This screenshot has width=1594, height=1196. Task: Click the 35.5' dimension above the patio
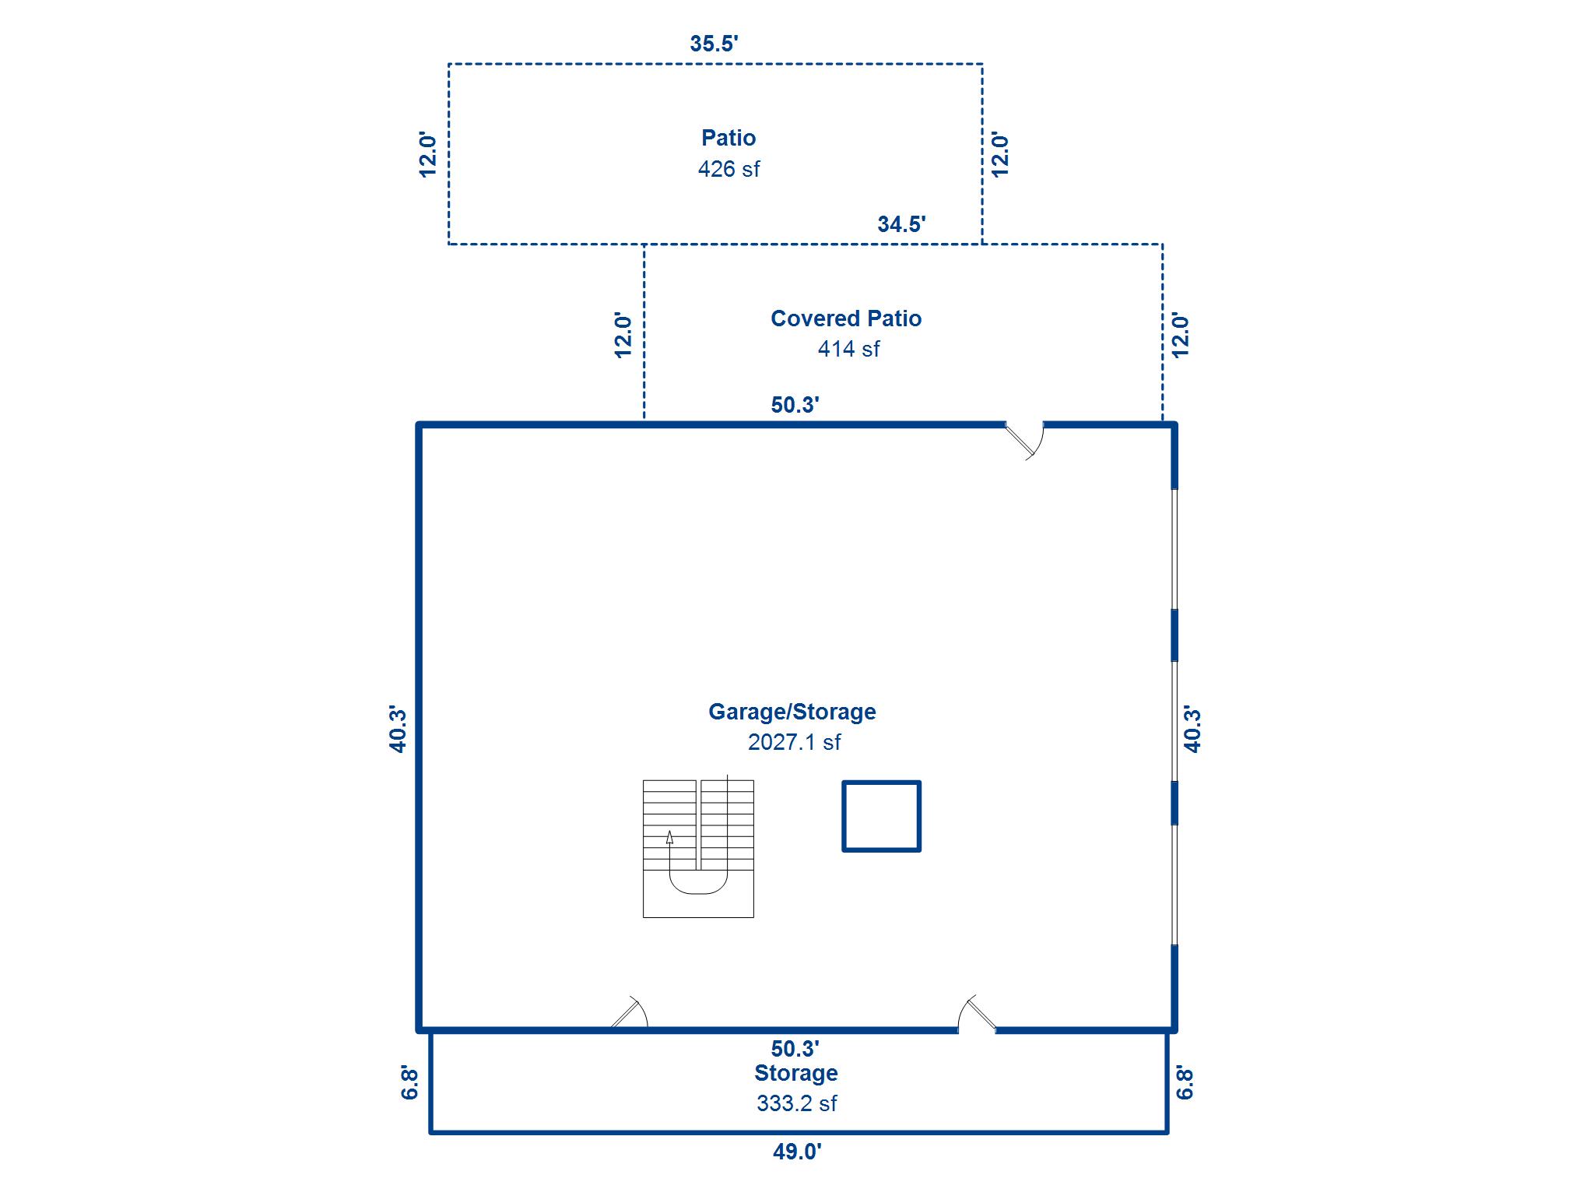[713, 44]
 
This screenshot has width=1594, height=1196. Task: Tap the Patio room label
[728, 138]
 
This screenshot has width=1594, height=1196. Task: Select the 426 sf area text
[728, 169]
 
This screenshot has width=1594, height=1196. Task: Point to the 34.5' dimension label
[901, 224]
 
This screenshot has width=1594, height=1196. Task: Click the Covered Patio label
[845, 318]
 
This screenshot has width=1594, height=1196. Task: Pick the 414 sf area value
[848, 349]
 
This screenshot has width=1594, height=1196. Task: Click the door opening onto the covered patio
[1024, 438]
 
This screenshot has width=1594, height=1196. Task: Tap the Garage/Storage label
[792, 712]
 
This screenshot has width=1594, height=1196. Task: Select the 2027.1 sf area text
[794, 742]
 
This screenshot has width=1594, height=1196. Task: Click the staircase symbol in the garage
[698, 849]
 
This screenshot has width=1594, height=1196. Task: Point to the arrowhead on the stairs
[669, 837]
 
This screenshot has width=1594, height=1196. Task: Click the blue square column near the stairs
[881, 816]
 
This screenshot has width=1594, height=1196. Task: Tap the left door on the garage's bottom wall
[629, 1015]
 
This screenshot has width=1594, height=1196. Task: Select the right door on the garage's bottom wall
[977, 1015]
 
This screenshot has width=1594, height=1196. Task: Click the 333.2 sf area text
[796, 1103]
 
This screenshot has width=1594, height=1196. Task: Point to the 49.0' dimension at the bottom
[796, 1151]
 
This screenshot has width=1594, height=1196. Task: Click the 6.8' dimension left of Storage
[410, 1083]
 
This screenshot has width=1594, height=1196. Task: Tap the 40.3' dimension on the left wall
[398, 730]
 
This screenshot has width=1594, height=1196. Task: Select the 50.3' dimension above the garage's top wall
[794, 405]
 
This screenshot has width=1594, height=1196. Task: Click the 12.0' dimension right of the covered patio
[1180, 336]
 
